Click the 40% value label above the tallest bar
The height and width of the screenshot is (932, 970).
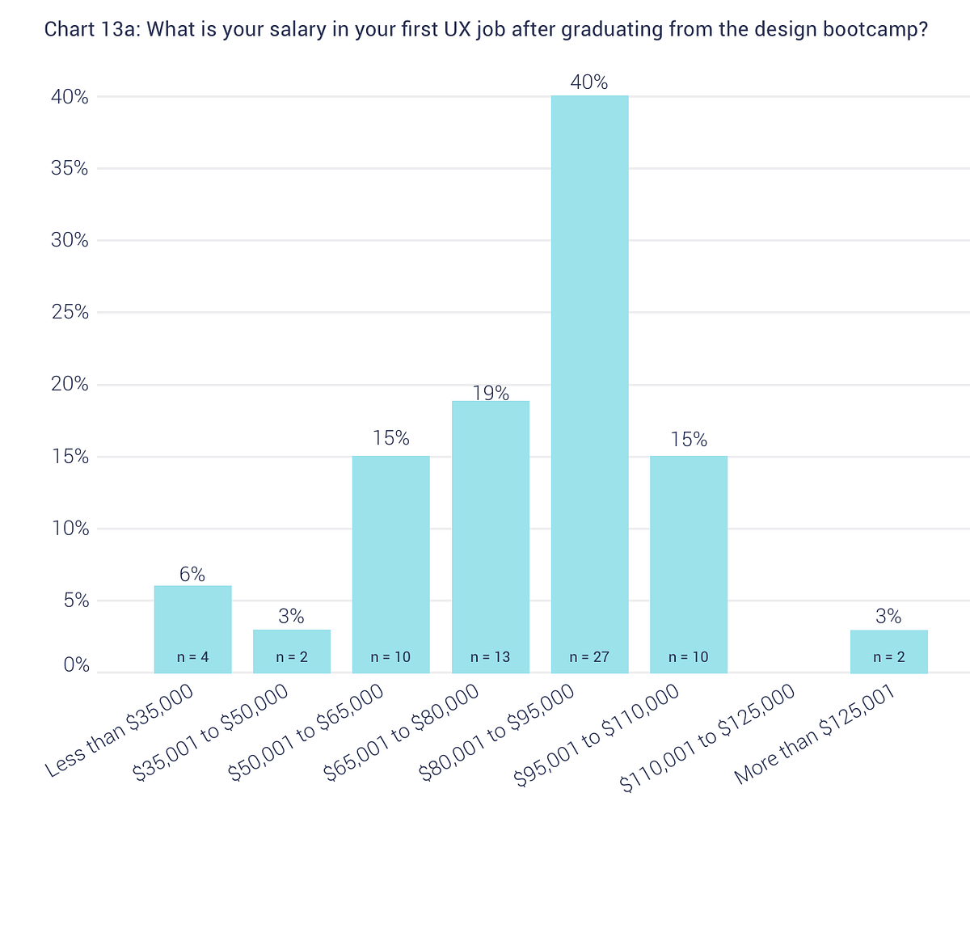coord(589,82)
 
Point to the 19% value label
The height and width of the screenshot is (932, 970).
coord(491,393)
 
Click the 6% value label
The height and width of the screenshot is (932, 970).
coord(192,575)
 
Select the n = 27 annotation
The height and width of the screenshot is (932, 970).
coord(589,657)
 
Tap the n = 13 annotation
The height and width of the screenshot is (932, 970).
coord(491,657)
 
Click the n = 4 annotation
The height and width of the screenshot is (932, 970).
coord(192,657)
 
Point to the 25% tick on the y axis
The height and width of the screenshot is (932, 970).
coord(70,312)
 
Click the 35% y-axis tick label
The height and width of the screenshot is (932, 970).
coord(70,168)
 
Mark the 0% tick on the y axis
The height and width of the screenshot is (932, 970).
coord(74,664)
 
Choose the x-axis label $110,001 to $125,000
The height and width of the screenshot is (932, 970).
coord(708,738)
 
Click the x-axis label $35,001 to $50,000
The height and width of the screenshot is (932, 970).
coord(210,733)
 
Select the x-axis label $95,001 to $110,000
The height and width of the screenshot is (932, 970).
coord(597,735)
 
